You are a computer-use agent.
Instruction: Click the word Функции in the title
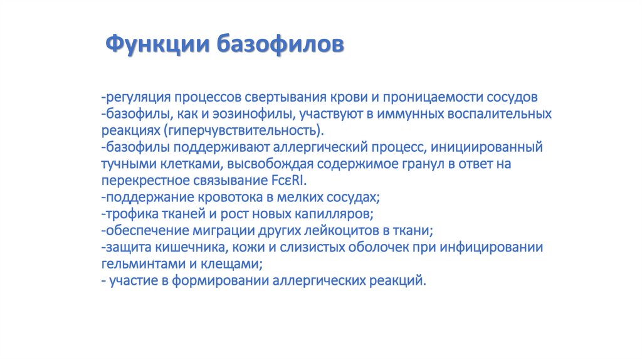click(x=157, y=45)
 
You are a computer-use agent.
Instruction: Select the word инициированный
click(x=487, y=147)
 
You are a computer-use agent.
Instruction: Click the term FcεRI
click(x=288, y=181)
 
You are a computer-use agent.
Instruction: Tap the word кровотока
click(x=230, y=198)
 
